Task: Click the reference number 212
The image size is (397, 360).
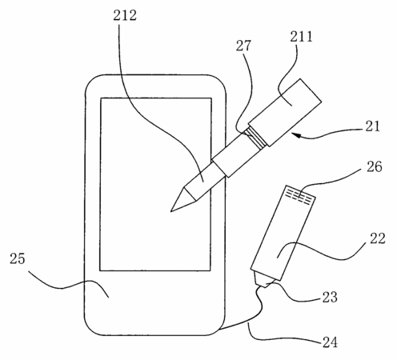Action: tap(125, 15)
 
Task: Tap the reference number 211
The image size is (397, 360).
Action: tap(301, 36)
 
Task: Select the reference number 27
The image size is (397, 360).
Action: tap(243, 46)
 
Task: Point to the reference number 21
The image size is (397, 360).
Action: tap(372, 126)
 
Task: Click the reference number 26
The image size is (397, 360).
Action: tap(375, 167)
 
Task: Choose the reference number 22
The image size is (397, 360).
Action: tap(378, 238)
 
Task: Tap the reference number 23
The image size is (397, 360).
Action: tap(330, 297)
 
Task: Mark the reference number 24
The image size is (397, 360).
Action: tap(330, 342)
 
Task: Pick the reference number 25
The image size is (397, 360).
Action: tap(18, 258)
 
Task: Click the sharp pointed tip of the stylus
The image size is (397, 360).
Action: tap(171, 211)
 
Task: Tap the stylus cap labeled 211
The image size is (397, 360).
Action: tap(285, 112)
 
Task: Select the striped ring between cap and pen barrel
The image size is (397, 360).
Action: tap(255, 137)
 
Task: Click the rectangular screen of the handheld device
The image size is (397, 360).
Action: tap(155, 184)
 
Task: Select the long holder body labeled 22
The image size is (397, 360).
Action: tap(283, 233)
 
